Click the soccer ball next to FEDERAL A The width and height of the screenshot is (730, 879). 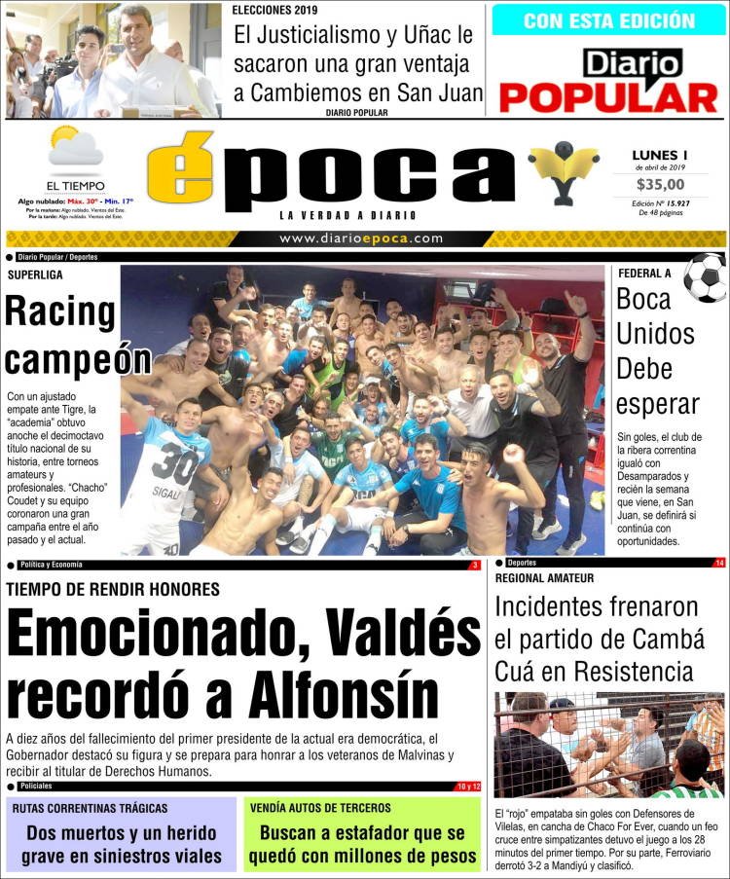point(704,277)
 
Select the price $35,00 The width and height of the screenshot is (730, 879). point(659,185)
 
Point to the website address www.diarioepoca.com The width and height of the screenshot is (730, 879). point(361,238)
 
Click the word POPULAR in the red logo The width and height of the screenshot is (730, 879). point(608,97)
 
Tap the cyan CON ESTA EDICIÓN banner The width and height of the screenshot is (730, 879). point(608,20)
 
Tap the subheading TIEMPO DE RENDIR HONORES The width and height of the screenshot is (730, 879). point(113,589)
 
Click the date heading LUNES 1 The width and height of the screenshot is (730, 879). point(659,155)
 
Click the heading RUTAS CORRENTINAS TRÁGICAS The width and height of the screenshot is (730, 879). point(91,808)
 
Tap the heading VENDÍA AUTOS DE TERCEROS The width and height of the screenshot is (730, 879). point(320,808)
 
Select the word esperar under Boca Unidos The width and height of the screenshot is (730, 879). point(658,405)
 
